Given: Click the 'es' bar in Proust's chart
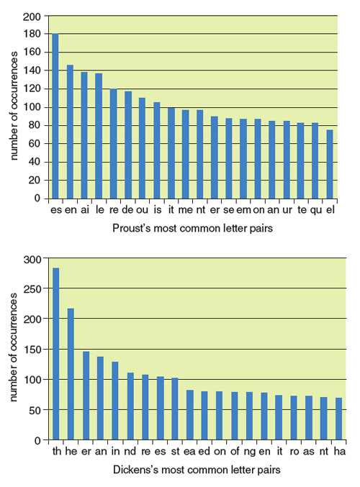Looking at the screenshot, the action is click(55, 116).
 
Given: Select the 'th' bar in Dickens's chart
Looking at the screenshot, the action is click(56, 354).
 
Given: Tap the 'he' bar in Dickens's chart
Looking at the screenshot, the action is click(71, 374).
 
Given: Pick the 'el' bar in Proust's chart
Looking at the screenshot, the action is click(330, 164).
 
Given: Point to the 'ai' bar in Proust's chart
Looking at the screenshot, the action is click(84, 135).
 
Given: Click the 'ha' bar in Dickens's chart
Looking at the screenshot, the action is click(338, 419).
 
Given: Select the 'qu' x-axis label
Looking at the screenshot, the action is click(316, 210).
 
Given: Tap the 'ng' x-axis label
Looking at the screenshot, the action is click(250, 452).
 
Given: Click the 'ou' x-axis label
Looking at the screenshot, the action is click(143, 210).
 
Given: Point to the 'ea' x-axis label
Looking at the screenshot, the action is click(189, 452).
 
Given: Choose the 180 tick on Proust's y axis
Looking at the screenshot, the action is click(32, 34).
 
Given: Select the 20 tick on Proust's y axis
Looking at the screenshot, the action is click(35, 180).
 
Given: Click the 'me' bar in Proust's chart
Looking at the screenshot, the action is click(185, 155).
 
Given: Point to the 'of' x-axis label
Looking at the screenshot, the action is click(235, 452).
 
